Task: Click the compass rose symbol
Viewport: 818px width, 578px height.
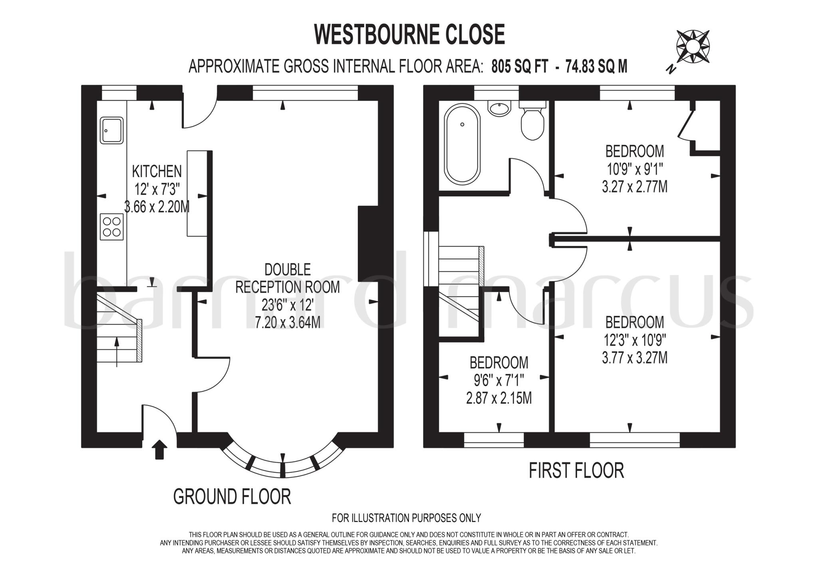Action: pyautogui.click(x=693, y=47)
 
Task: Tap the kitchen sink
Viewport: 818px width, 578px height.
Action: pyautogui.click(x=111, y=130)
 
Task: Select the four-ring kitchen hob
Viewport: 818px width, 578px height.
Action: pyautogui.click(x=112, y=227)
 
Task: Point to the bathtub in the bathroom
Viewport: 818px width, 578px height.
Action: pyautogui.click(x=463, y=144)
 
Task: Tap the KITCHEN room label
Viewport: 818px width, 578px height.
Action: pyautogui.click(x=157, y=171)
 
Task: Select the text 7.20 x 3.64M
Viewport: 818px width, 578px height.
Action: pyautogui.click(x=288, y=322)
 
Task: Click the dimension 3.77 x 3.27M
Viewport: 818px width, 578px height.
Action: pyautogui.click(x=635, y=358)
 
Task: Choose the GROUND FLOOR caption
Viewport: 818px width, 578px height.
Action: pyautogui.click(x=232, y=496)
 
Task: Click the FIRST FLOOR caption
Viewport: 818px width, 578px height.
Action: pyautogui.click(x=576, y=470)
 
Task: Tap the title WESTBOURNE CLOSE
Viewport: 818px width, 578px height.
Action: pyautogui.click(x=410, y=34)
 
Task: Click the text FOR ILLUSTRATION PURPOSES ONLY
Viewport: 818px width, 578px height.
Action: pyautogui.click(x=406, y=518)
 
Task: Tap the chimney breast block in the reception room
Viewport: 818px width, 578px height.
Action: pyautogui.click(x=368, y=244)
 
